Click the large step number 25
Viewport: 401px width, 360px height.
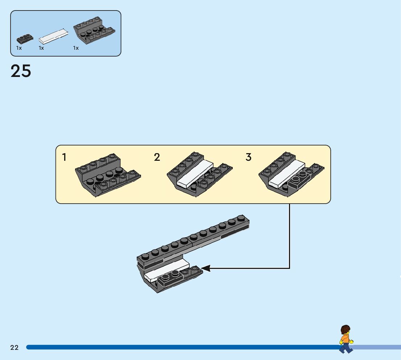(x=21, y=71)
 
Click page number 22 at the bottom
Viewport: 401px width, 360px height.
(x=15, y=347)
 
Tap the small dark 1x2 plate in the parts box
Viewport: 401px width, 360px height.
(x=25, y=39)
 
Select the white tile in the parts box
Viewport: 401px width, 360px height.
(x=53, y=36)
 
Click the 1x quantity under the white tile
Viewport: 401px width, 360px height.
(x=41, y=48)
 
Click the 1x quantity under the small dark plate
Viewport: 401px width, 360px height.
(x=19, y=48)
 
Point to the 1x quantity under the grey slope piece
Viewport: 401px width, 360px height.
(x=76, y=48)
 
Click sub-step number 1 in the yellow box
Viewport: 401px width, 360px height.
(x=64, y=157)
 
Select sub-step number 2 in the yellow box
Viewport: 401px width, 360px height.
(x=157, y=157)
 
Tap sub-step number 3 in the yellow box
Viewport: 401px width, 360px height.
(x=248, y=157)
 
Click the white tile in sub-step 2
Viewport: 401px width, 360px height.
(x=195, y=173)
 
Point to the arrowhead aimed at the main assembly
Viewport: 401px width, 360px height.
(x=206, y=268)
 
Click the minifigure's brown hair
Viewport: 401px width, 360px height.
(x=346, y=330)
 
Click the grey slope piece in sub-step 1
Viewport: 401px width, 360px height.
(x=108, y=175)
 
